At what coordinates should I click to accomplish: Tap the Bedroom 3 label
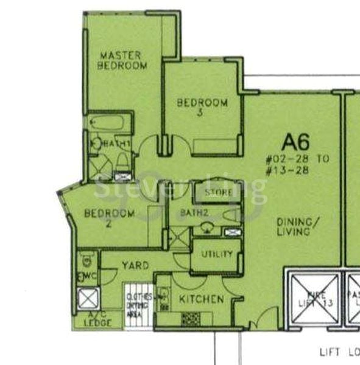pos(202,107)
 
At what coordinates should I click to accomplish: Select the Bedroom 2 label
pos(109,218)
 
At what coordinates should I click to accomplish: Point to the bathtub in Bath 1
pos(110,123)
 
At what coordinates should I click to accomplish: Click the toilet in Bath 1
pos(122,161)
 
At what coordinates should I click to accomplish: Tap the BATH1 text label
pos(116,144)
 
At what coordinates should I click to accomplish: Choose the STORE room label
pos(217,193)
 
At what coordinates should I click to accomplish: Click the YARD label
pos(135,266)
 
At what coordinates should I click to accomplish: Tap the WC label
pos(83,279)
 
